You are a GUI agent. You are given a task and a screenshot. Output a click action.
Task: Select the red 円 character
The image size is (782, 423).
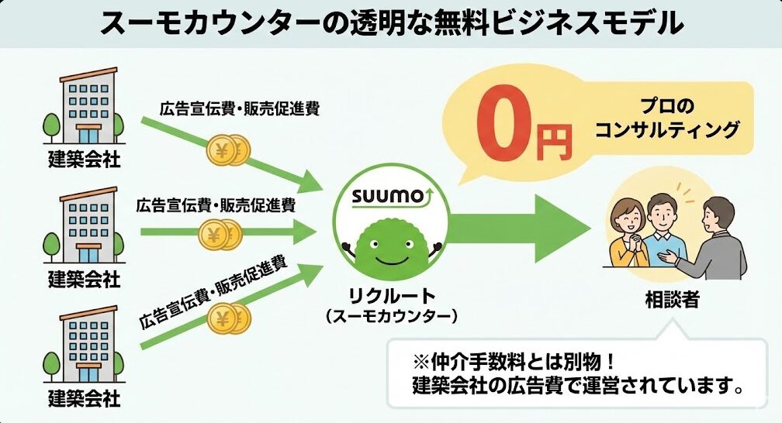click(555, 139)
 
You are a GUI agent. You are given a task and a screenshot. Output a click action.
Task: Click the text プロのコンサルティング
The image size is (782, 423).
click(666, 118)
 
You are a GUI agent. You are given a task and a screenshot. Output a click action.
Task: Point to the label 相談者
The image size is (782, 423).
click(671, 298)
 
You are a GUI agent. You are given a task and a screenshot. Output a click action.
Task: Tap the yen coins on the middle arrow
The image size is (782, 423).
click(222, 232)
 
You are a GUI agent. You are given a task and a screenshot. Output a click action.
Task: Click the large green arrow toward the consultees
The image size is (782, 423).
click(528, 229)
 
